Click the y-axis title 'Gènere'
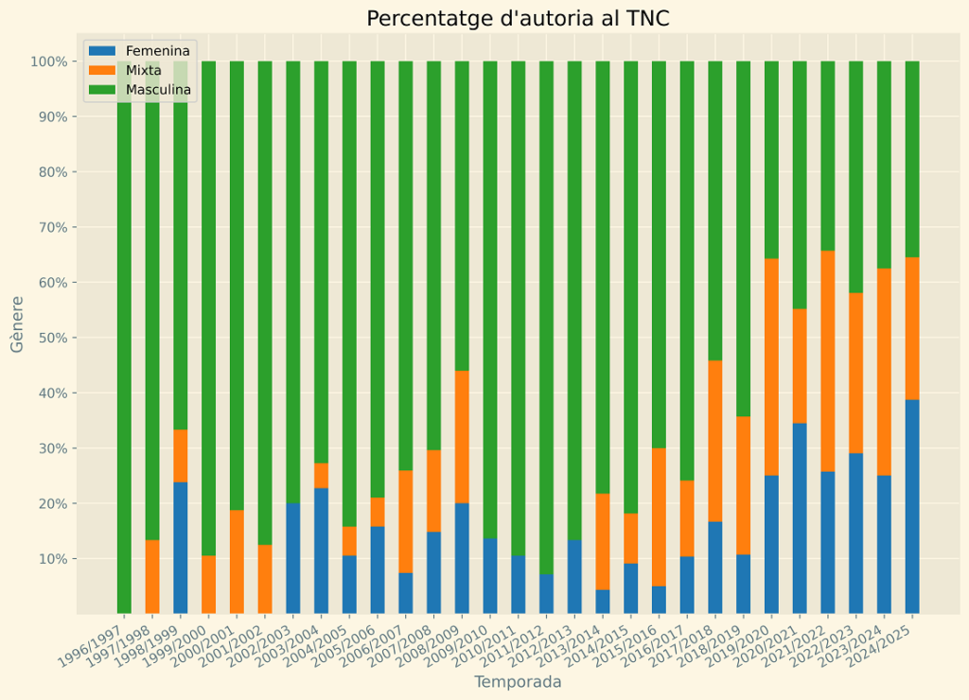17,324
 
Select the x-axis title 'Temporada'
518,682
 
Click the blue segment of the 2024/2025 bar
912,506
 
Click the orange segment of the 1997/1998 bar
152,576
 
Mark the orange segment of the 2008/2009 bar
462,436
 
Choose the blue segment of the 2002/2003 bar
293,558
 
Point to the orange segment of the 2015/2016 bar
659,516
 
